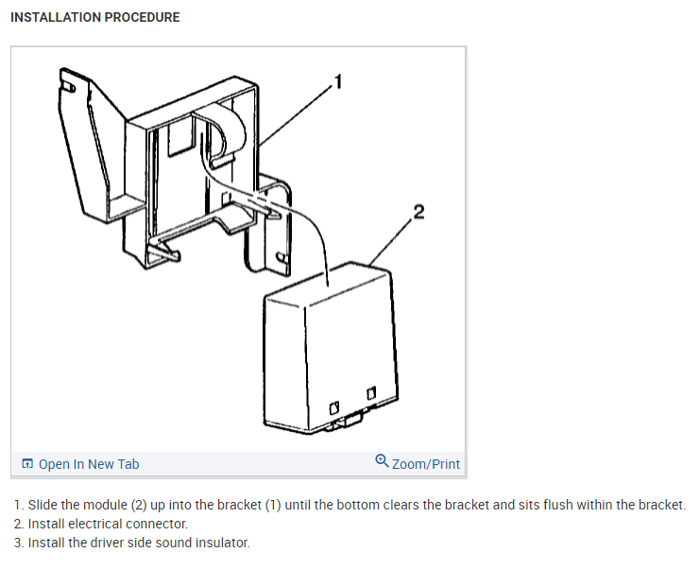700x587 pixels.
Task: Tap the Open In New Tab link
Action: pyautogui.click(x=88, y=464)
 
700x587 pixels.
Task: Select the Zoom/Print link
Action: pyautogui.click(x=425, y=464)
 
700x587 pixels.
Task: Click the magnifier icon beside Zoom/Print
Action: pyautogui.click(x=382, y=462)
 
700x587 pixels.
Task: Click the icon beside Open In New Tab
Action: pyautogui.click(x=27, y=464)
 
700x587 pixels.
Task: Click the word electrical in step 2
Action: pyautogui.click(x=99, y=524)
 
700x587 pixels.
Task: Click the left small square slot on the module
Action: pyautogui.click(x=334, y=406)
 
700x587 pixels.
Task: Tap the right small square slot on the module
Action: pyautogui.click(x=371, y=391)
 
